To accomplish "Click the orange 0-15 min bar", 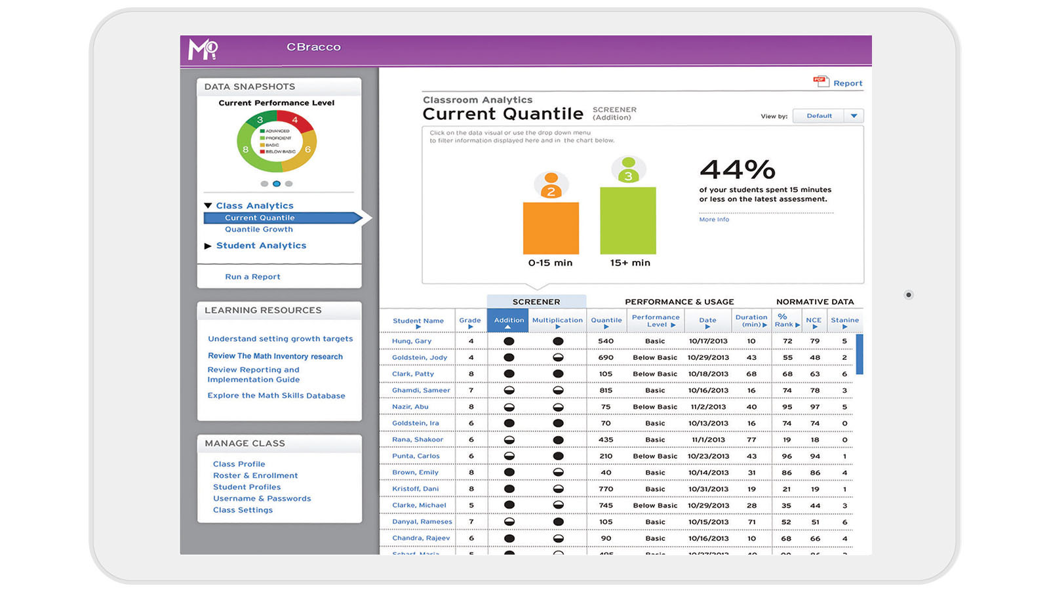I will tap(551, 228).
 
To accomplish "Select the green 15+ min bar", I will tap(627, 220).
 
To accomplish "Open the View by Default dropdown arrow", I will tap(854, 116).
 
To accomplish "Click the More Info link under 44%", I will tap(713, 220).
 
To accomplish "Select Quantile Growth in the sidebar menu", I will tap(258, 229).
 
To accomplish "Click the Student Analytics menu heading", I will tap(261, 246).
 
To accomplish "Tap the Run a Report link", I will tap(252, 277).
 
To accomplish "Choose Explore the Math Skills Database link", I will tap(276, 396).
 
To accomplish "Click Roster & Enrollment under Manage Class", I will tap(255, 476).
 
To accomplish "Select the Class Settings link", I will tap(243, 510).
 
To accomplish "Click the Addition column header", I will tap(509, 321).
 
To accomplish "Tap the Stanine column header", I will tap(844, 321).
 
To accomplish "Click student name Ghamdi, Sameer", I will tap(421, 391).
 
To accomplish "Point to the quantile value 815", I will tap(606, 391).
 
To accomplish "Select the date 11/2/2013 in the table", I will tap(708, 407).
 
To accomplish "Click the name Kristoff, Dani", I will tap(415, 489).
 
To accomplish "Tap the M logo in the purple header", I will tap(203, 50).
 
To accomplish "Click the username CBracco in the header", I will tap(313, 47).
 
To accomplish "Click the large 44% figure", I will tap(737, 170).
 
